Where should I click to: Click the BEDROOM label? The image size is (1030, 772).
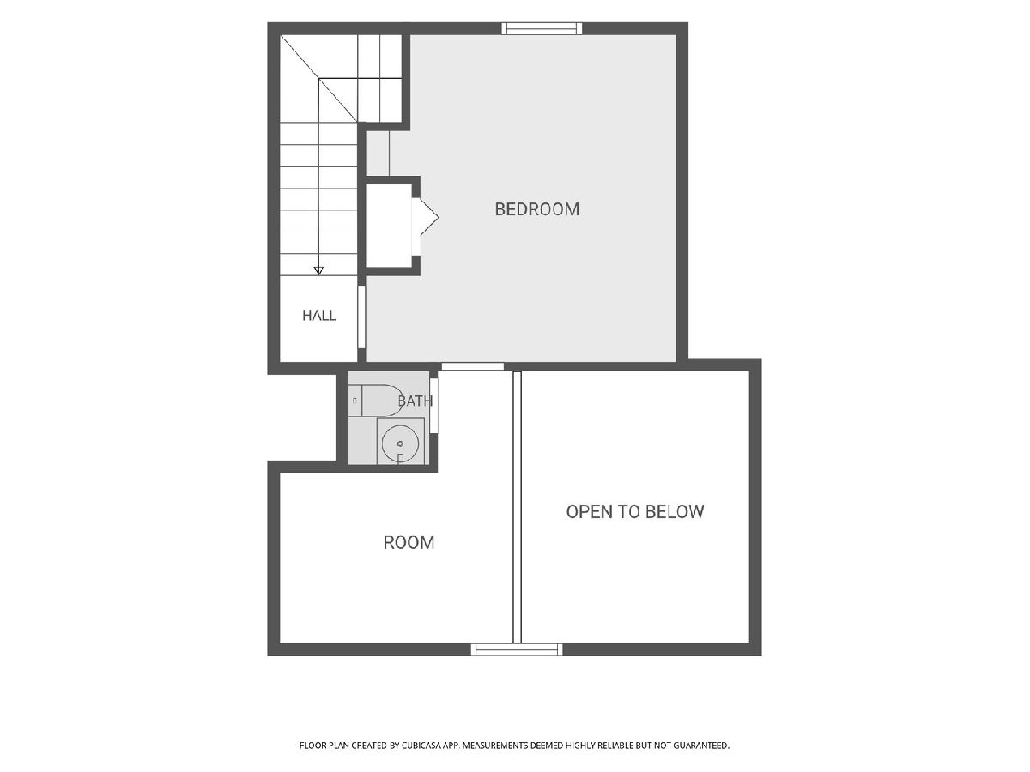[x=536, y=209]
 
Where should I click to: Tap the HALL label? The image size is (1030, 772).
[x=319, y=316]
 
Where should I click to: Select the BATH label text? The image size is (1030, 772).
[x=415, y=401]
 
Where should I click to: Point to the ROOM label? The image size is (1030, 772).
[x=409, y=543]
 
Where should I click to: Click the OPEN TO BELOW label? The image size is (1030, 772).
[x=635, y=512]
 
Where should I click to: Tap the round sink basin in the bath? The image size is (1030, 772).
[x=400, y=443]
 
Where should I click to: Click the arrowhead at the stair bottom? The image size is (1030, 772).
[x=318, y=271]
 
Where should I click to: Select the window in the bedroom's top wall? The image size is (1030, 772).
[x=542, y=28]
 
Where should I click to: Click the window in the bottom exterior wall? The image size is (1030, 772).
[x=517, y=649]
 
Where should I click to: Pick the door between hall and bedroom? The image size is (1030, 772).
[x=361, y=317]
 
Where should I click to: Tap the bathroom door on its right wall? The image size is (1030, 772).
[x=433, y=406]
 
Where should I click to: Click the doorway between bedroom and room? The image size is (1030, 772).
[x=473, y=366]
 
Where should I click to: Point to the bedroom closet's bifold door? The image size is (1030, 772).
[x=425, y=217]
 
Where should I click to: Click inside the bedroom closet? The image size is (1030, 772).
[x=389, y=226]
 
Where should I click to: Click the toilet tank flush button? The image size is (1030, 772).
[x=354, y=401]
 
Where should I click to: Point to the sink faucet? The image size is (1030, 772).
[x=400, y=458]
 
